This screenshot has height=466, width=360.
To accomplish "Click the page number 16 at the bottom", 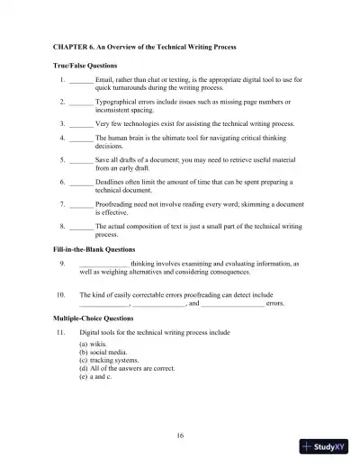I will coord(181,435).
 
